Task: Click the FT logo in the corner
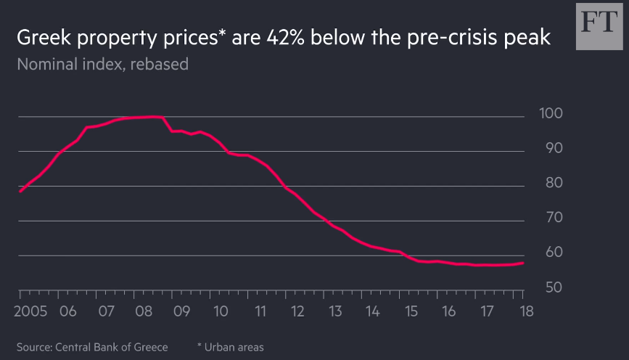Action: pyautogui.click(x=599, y=26)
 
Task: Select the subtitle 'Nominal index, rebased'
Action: pyautogui.click(x=102, y=65)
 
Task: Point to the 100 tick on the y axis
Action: pyautogui.click(x=549, y=114)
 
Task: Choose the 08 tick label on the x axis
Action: pyautogui.click(x=144, y=312)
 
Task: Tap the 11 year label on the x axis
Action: pyautogui.click(x=258, y=312)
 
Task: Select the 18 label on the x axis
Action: pyautogui.click(x=524, y=312)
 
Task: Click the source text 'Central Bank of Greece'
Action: pyautogui.click(x=112, y=348)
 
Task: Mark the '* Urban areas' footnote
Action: pyautogui.click(x=231, y=348)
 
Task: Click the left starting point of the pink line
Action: pyautogui.click(x=20, y=192)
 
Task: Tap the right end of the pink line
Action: pyautogui.click(x=523, y=263)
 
